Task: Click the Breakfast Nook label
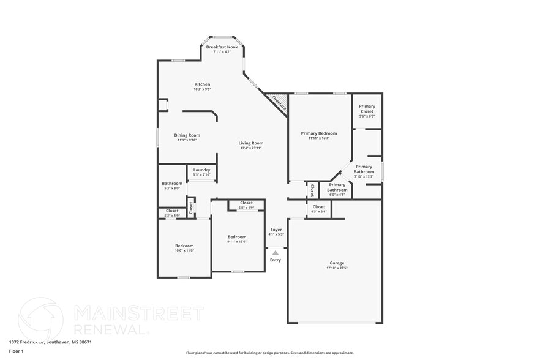[x=222, y=47]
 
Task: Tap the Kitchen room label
[x=202, y=84]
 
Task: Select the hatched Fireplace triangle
[x=278, y=102]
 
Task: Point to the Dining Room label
[x=187, y=135]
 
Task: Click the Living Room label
[x=250, y=143]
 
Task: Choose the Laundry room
[x=201, y=173]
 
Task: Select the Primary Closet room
[x=367, y=111]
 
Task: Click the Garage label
[x=336, y=263]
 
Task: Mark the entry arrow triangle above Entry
[x=276, y=252]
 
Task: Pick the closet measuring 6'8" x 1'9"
[x=246, y=204]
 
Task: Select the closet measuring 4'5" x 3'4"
[x=319, y=209]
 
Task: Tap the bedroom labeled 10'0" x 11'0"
[x=184, y=248]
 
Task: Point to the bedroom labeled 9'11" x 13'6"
[x=237, y=239]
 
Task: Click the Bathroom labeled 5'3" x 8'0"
[x=172, y=186]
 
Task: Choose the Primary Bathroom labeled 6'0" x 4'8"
[x=337, y=189]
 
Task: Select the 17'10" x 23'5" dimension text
[x=336, y=268]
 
